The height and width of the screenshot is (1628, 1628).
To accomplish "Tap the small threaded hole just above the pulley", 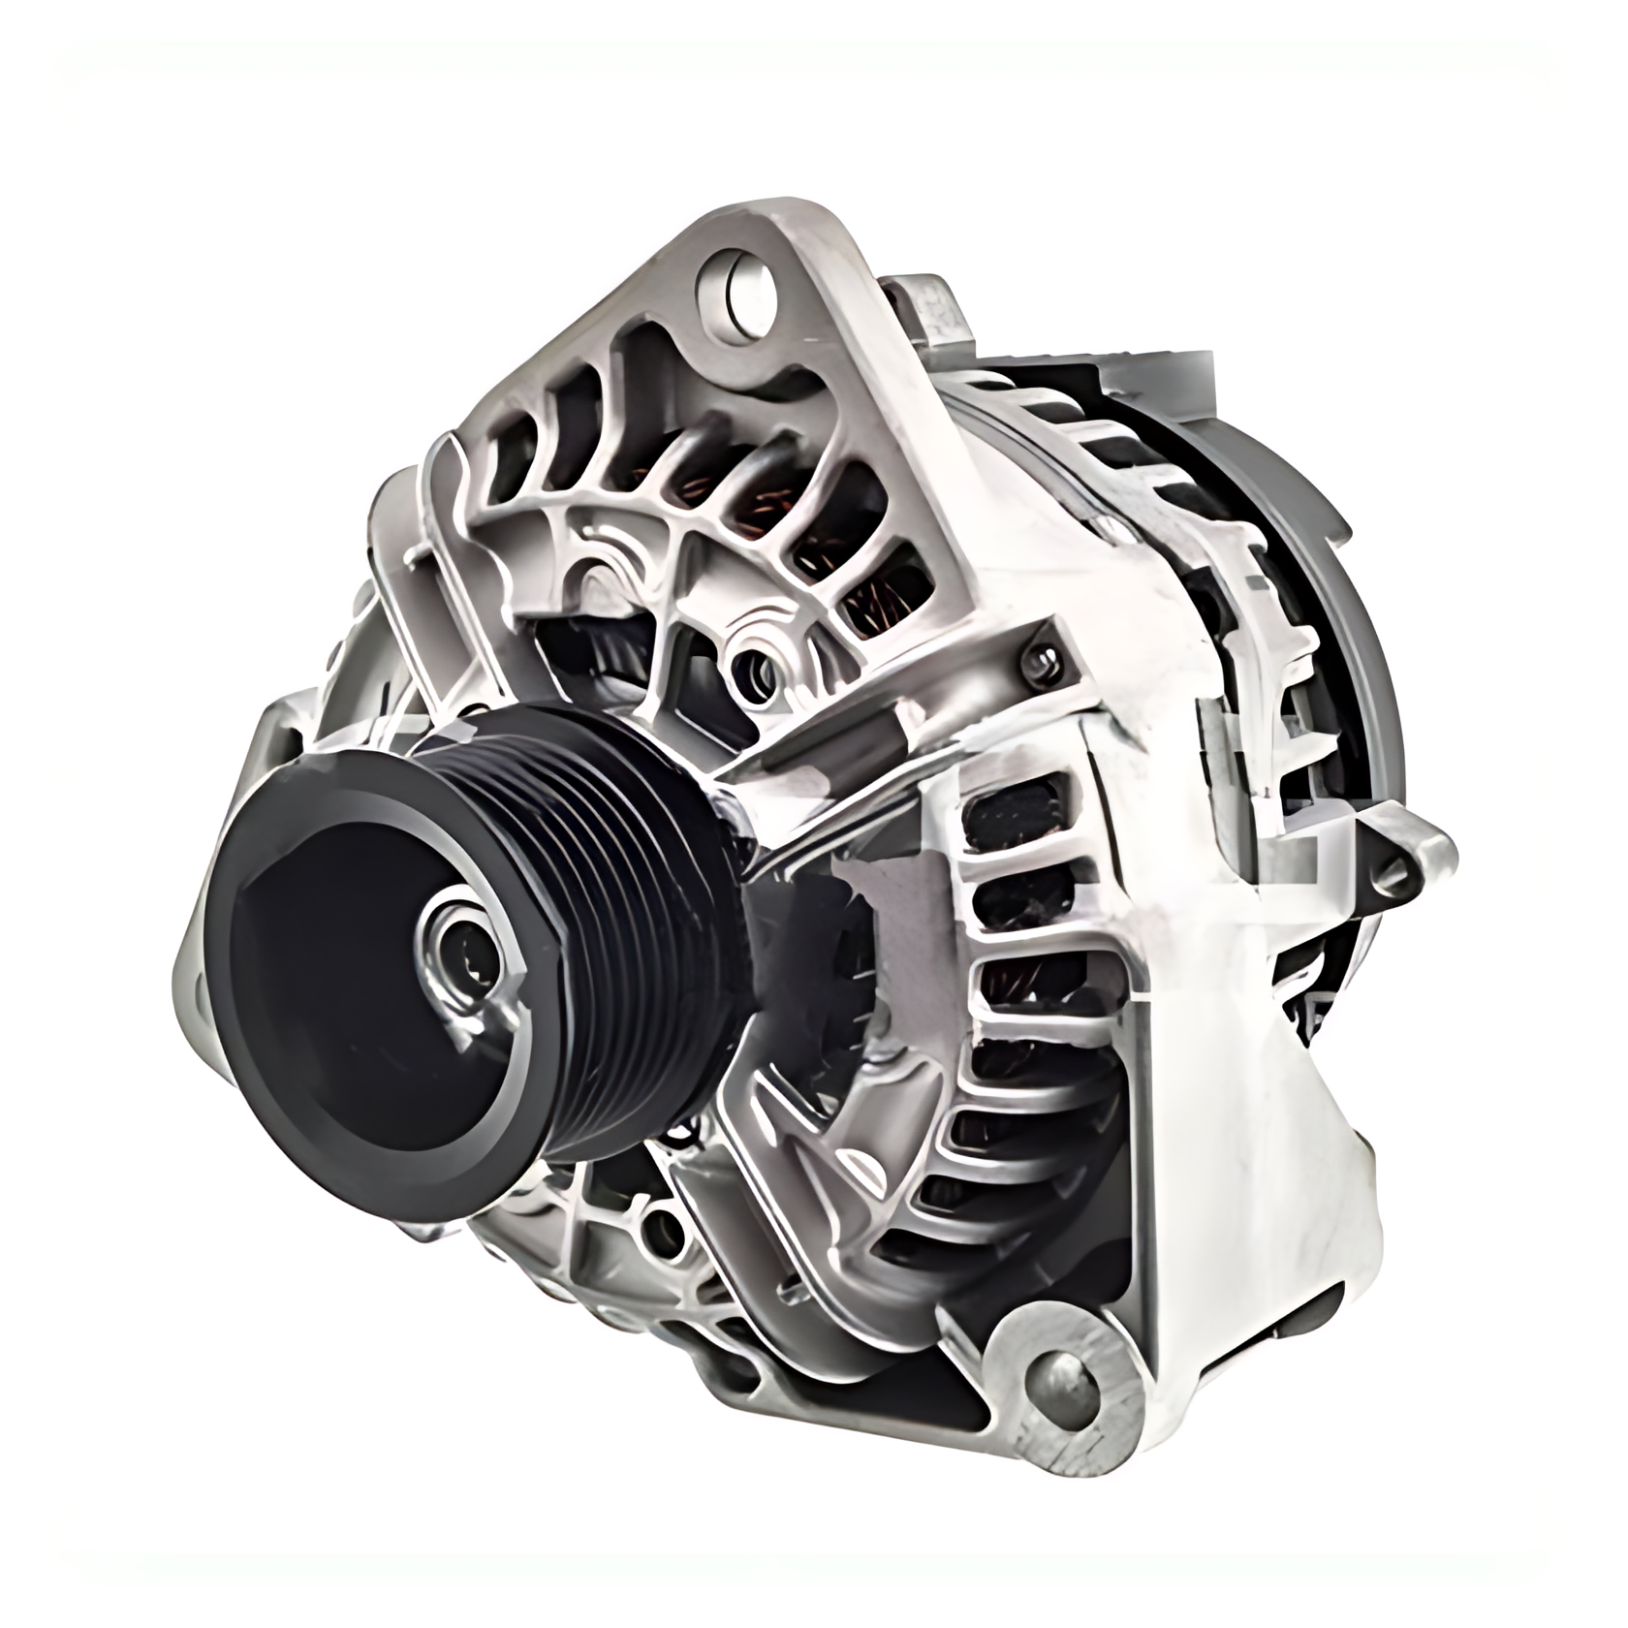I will [x=750, y=669].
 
